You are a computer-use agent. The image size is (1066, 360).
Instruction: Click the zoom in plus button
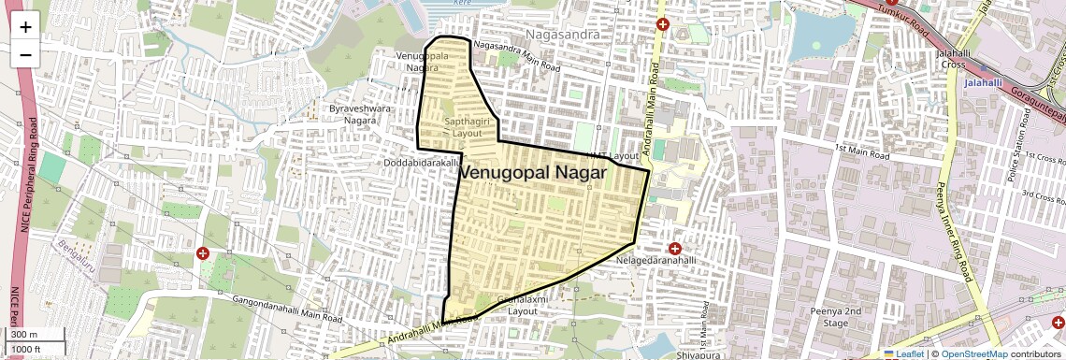[25, 26]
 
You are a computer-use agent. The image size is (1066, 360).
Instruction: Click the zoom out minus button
[25, 54]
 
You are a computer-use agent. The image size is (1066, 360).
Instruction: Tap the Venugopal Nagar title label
[533, 173]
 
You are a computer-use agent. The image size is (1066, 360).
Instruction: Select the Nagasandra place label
[561, 35]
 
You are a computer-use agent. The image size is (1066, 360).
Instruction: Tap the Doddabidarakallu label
[423, 163]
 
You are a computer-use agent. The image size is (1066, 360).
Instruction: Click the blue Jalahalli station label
[983, 82]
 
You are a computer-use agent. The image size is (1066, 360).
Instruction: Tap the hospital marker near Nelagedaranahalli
[674, 248]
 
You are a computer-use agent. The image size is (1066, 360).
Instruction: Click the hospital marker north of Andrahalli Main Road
[663, 24]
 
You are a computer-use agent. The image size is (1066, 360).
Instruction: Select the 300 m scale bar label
[23, 334]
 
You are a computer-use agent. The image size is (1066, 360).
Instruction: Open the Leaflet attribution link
[904, 354]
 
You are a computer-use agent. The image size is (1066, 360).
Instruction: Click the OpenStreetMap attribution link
[973, 354]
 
